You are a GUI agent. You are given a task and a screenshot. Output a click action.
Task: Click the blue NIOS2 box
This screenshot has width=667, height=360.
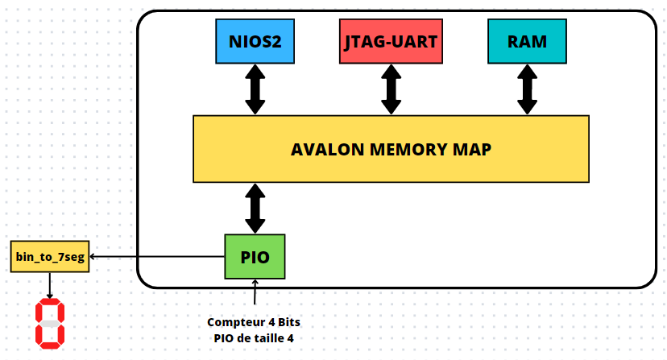254,40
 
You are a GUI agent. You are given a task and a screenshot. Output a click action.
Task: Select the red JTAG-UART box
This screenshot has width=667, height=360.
390,40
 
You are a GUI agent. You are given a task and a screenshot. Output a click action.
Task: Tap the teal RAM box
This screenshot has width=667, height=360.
527,40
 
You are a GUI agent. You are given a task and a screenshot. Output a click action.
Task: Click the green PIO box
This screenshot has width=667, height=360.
254,257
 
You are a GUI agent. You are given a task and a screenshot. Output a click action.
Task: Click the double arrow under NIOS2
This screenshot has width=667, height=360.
255,89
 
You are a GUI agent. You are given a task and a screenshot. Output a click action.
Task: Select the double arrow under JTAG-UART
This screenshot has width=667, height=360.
391,89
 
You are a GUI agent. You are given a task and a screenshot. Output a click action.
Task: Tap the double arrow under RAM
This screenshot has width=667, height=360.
528,89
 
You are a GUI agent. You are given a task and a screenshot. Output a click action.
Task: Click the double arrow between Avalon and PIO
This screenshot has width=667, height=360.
255,208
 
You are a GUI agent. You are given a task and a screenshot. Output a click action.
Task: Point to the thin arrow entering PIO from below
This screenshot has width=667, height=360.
255,292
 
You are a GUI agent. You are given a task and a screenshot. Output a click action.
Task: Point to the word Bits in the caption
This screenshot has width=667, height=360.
288,322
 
